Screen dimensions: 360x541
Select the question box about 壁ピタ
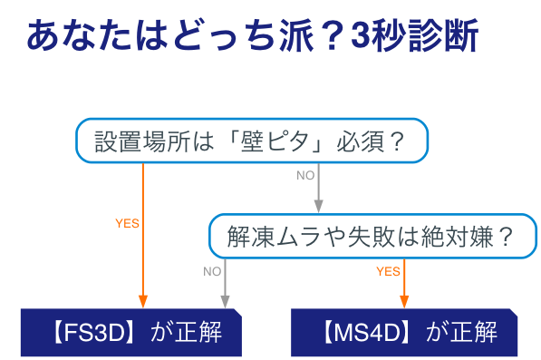pyautogui.click(x=249, y=141)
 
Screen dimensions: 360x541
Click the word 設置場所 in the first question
pyautogui.click(x=130, y=141)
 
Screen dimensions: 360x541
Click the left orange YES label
pyautogui.click(x=127, y=223)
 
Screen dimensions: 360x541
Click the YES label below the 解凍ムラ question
pyautogui.click(x=388, y=270)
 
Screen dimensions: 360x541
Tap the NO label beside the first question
pyautogui.click(x=305, y=175)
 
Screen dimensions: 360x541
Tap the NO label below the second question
pyautogui.click(x=212, y=270)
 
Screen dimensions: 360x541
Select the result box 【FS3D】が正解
pyautogui.click(x=132, y=332)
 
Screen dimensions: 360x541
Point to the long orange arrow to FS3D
pyautogui.click(x=142, y=236)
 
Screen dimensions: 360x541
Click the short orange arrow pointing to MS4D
pyautogui.click(x=404, y=283)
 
